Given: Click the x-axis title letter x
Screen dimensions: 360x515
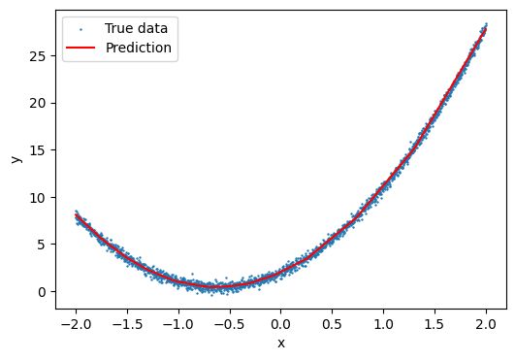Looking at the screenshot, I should (281, 342).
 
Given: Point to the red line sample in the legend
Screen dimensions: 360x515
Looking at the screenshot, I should (80, 47).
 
